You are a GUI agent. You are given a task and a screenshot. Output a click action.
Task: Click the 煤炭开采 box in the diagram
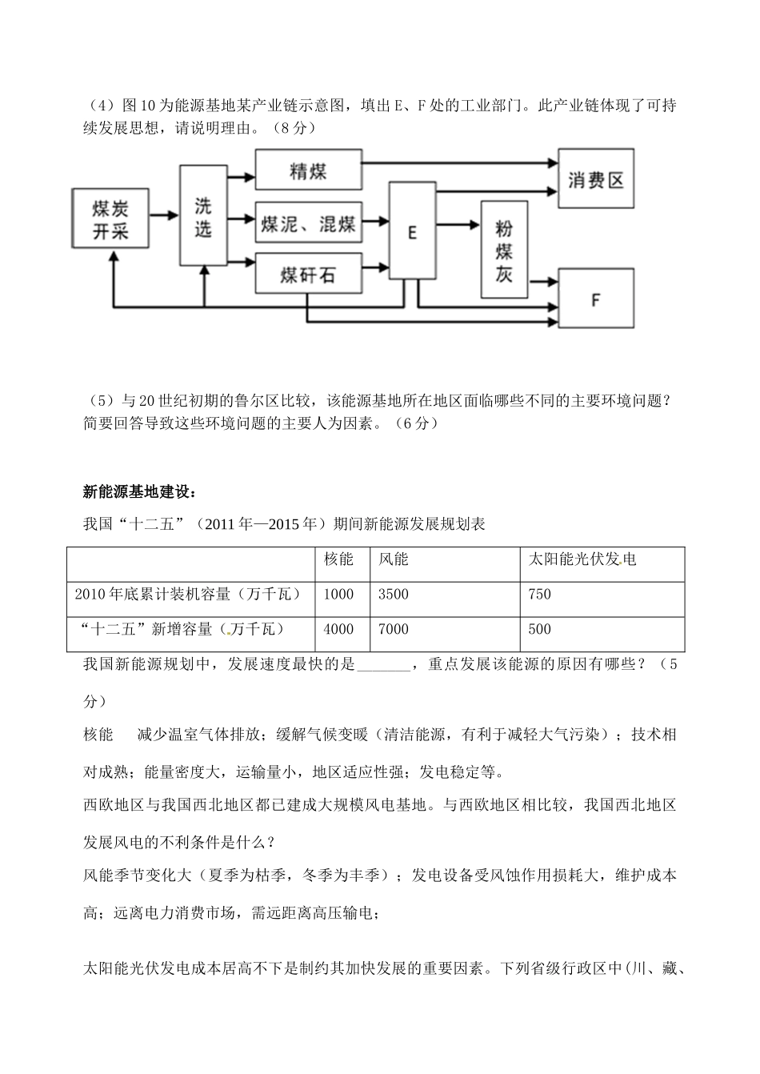pyautogui.click(x=110, y=220)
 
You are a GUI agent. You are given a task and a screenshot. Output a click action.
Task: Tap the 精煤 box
pyautogui.click(x=308, y=170)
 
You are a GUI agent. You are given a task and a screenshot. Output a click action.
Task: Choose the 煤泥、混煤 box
pyautogui.click(x=308, y=223)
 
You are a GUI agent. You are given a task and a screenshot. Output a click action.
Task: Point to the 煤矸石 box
pyautogui.click(x=308, y=275)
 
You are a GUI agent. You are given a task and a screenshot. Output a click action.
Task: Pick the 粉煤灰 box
pyautogui.click(x=503, y=250)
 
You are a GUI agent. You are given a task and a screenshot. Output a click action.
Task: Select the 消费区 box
pyautogui.click(x=595, y=179)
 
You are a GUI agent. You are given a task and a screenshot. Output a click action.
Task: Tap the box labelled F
pyautogui.click(x=595, y=299)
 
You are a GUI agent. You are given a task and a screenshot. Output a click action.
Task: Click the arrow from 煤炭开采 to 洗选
pyautogui.click(x=165, y=215)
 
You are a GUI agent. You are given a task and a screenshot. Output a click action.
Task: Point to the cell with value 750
pyautogui.click(x=540, y=595)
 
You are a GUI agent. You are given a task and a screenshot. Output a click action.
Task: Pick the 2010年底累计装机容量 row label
pyautogui.click(x=188, y=595)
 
